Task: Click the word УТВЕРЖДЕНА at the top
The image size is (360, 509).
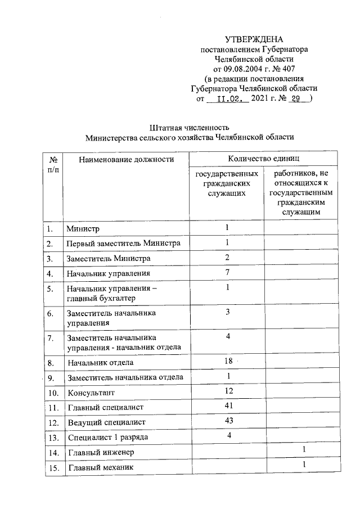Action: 254,39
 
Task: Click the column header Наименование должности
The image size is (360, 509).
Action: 127,160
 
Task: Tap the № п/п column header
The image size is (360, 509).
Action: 52,164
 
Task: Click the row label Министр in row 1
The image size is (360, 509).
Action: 83,229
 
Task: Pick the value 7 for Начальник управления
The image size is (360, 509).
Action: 228,272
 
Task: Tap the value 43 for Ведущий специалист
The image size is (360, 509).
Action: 228,420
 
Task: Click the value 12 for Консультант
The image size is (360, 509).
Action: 228,390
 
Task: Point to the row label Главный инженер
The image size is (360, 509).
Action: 101,452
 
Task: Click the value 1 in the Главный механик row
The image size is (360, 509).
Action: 303,465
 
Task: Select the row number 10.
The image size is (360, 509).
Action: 52,393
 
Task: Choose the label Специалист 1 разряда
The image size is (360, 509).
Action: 108,437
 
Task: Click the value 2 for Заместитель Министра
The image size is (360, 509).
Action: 228,257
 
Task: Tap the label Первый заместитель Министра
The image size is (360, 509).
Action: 124,244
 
